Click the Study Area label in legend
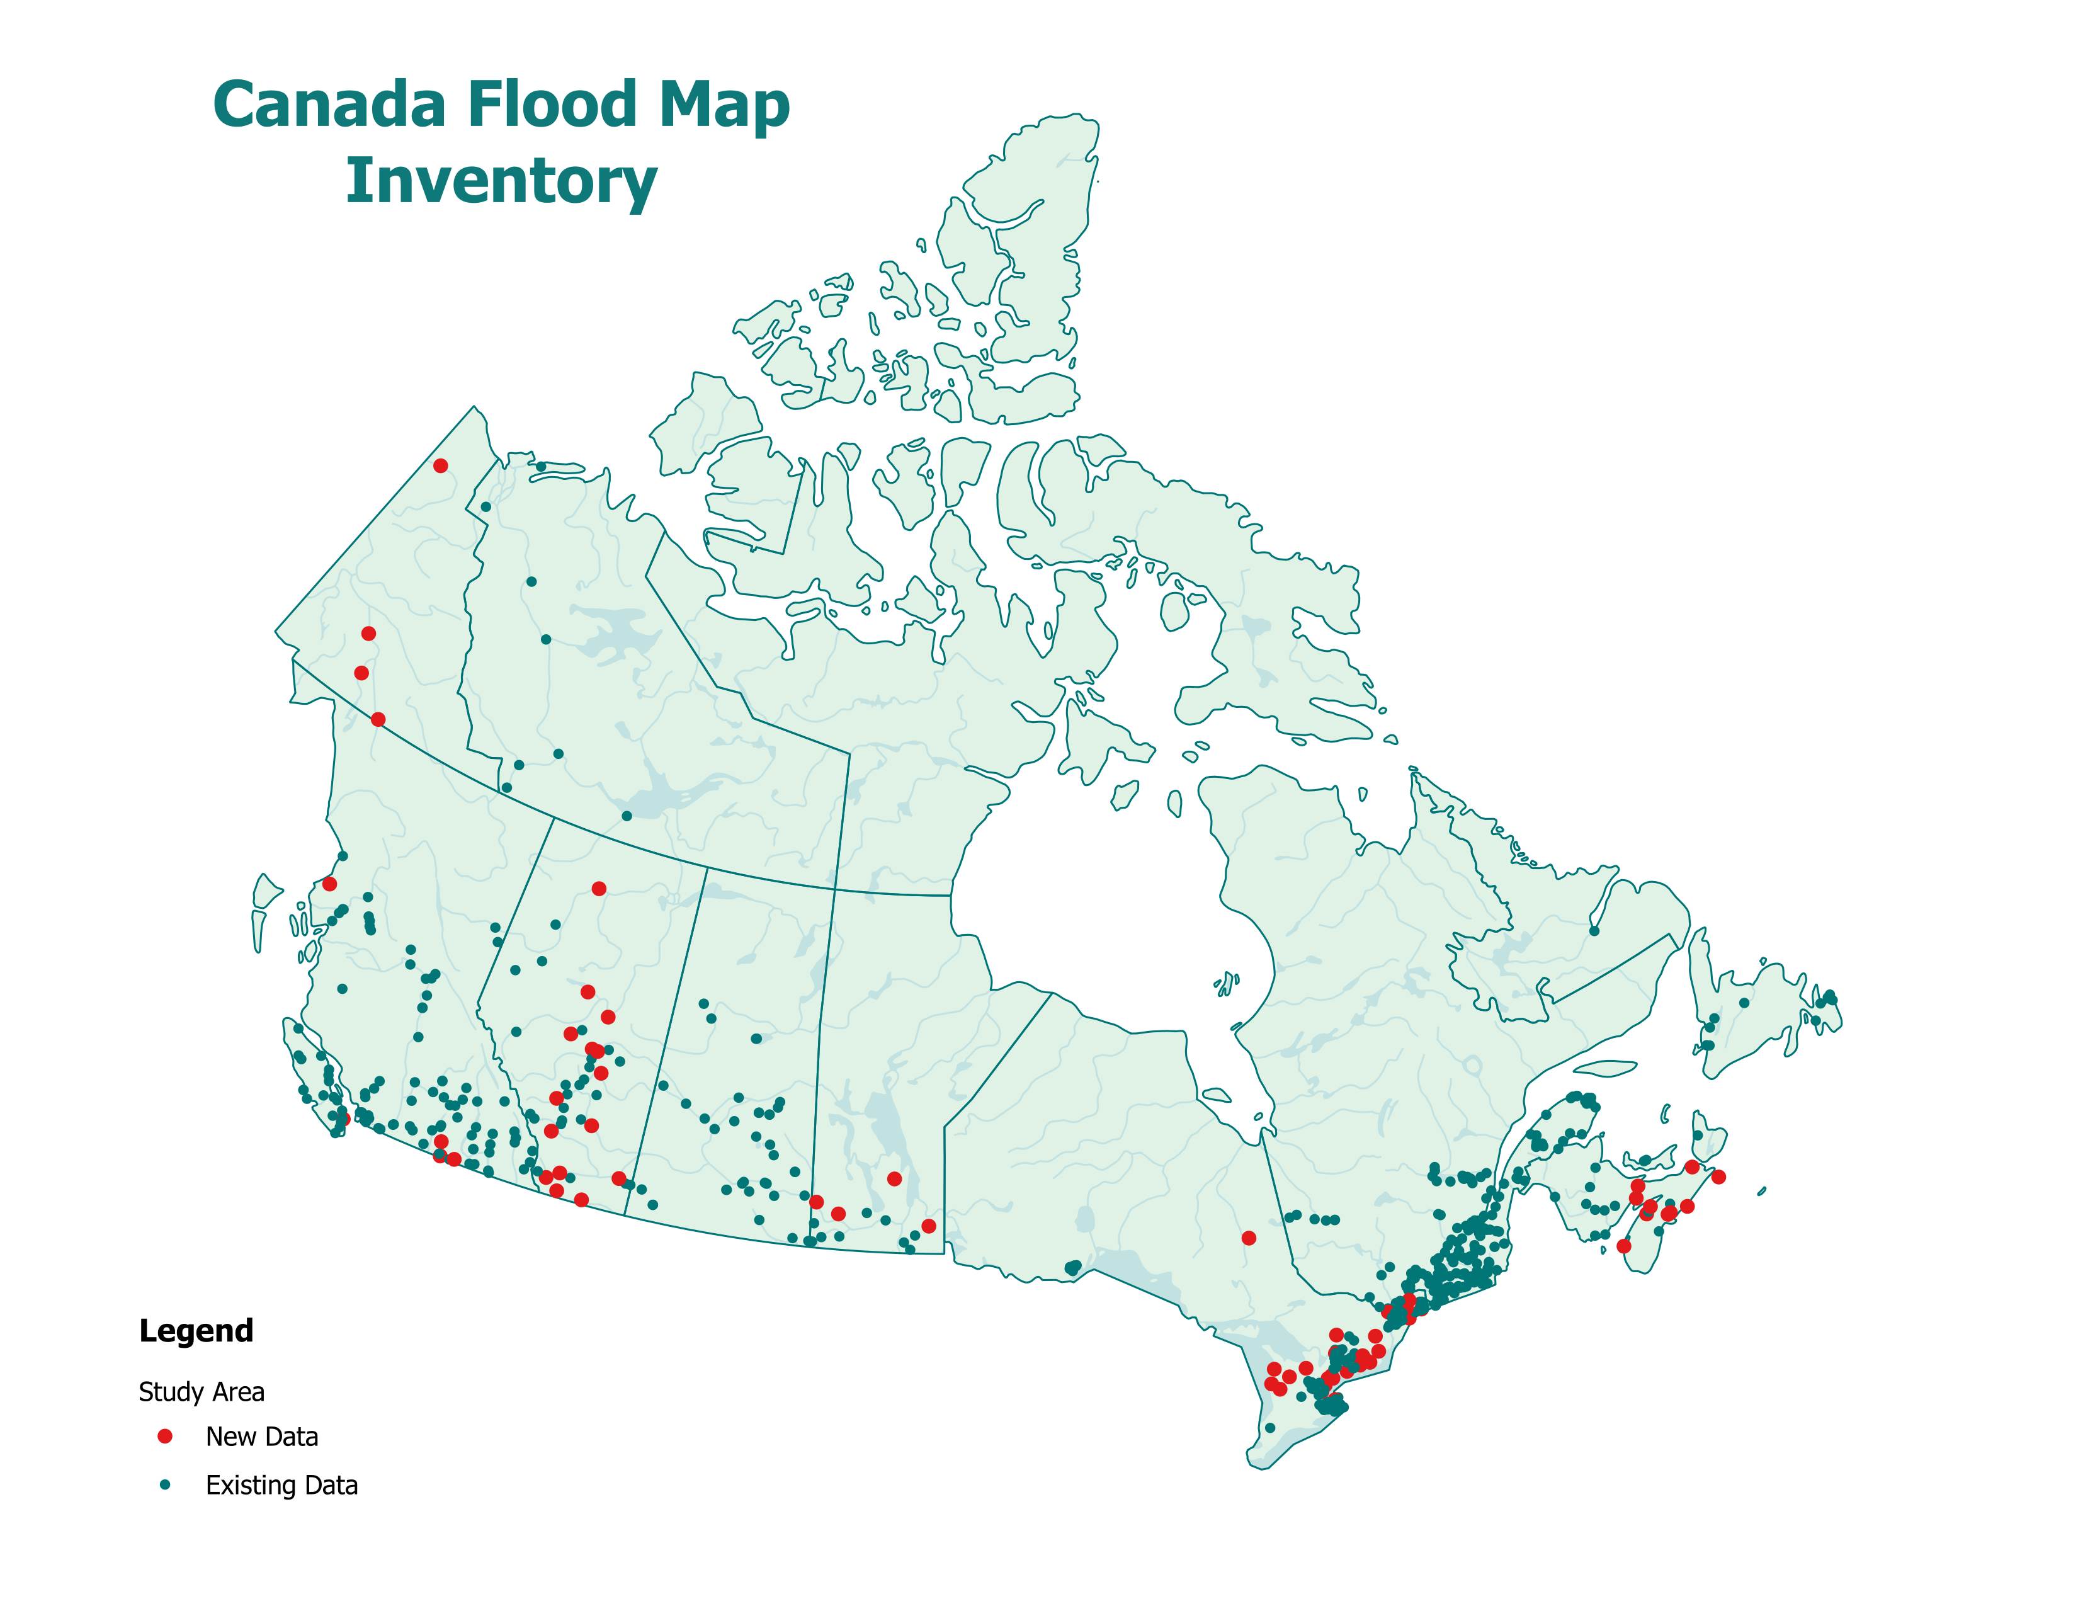(201, 1392)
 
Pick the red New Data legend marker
(164, 1436)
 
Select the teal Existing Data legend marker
(164, 1484)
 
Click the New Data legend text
(262, 1437)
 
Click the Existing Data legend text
(281, 1485)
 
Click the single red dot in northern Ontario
(1248, 1238)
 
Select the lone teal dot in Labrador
(1594, 930)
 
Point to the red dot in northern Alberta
(598, 889)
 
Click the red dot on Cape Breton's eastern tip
(1718, 1177)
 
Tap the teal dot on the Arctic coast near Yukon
(540, 466)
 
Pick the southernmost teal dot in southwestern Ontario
(1269, 1427)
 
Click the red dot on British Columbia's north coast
(329, 884)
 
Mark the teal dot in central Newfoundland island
(1744, 1003)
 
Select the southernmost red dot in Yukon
(378, 719)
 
